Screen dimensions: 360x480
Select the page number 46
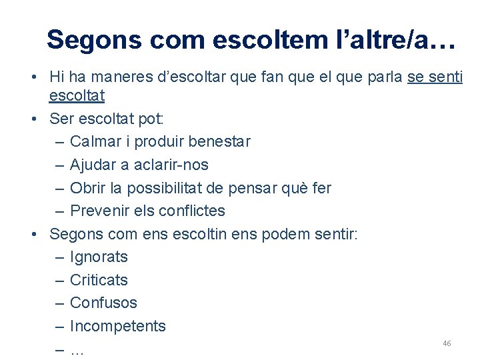(447, 343)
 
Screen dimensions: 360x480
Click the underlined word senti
(444, 77)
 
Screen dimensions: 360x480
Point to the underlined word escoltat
(77, 96)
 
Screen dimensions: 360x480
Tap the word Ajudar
(93, 165)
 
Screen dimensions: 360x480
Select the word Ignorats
(99, 257)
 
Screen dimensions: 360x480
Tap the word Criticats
(99, 280)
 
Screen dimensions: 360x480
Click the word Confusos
(103, 303)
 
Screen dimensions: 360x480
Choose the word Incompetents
(117, 326)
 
